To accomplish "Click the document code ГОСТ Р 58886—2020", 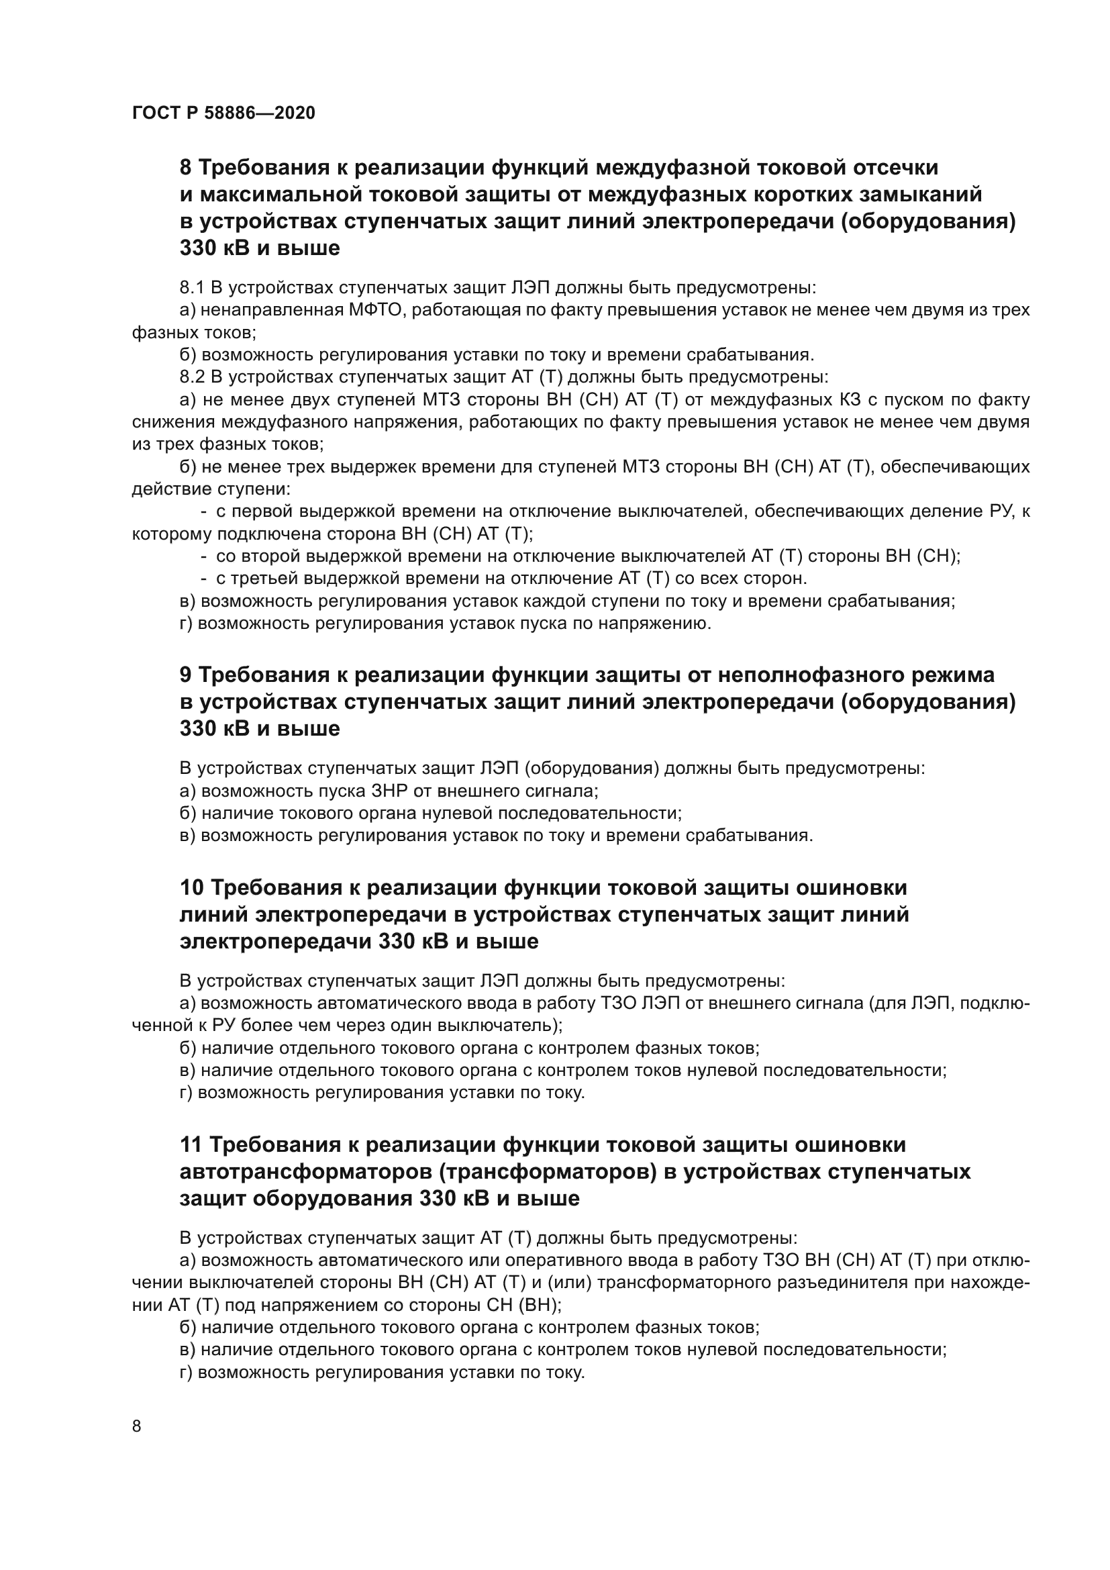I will [x=223, y=113].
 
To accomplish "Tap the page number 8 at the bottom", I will [x=137, y=1426].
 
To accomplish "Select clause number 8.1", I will [x=191, y=287].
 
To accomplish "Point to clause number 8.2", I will [x=191, y=377].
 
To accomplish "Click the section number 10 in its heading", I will [x=192, y=887].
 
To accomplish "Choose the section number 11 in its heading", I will [x=191, y=1144].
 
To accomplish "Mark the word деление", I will [x=941, y=511].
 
